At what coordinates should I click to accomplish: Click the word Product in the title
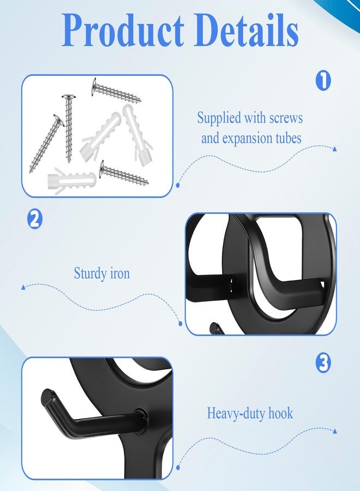(x=123, y=31)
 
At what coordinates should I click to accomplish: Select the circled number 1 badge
(x=323, y=81)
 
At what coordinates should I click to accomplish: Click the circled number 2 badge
(x=34, y=219)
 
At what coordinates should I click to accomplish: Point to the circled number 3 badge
(x=323, y=363)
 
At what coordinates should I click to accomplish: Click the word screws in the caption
(x=286, y=118)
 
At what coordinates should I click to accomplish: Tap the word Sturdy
(x=90, y=273)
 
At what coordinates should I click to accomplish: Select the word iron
(x=120, y=273)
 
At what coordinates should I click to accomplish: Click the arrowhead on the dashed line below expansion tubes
(x=335, y=149)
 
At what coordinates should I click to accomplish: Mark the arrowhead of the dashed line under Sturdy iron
(x=23, y=287)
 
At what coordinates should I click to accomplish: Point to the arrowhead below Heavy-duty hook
(x=335, y=431)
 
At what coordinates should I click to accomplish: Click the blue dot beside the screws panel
(x=178, y=185)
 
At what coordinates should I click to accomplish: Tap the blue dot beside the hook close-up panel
(x=178, y=468)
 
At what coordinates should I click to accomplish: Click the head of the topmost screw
(x=94, y=87)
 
